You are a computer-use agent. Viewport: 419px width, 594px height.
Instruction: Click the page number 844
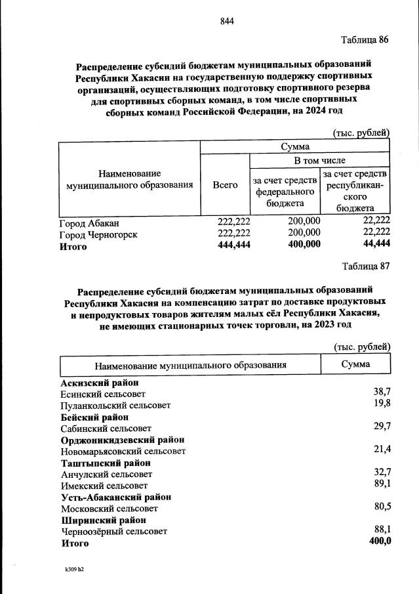pyautogui.click(x=227, y=20)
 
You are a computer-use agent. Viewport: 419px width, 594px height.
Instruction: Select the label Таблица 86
pyautogui.click(x=365, y=39)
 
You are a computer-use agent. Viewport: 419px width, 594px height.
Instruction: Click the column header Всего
pyautogui.click(x=225, y=185)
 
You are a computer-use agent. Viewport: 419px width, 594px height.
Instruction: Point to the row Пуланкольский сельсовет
pyautogui.click(x=115, y=406)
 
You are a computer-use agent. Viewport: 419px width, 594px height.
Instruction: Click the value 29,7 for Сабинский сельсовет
pyautogui.click(x=382, y=427)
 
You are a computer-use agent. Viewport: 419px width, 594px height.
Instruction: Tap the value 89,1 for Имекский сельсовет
pyautogui.click(x=382, y=484)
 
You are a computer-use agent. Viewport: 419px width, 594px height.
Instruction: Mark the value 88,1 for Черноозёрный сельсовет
pyautogui.click(x=382, y=529)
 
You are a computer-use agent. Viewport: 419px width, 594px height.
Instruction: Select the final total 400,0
pyautogui.click(x=380, y=541)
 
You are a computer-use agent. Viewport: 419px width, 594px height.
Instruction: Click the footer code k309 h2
pyautogui.click(x=70, y=570)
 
